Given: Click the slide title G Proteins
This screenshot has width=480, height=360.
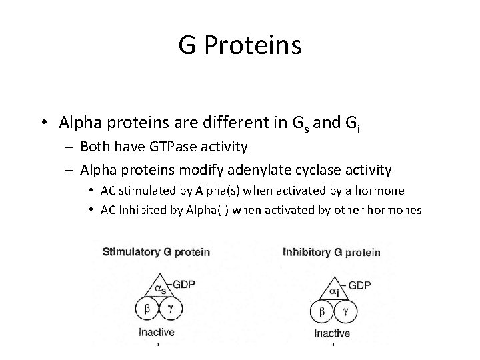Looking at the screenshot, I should coord(240,45).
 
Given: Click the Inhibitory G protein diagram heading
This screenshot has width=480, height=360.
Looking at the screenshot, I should coord(331,253).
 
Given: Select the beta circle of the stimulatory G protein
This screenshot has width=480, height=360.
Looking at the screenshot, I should coord(147,310).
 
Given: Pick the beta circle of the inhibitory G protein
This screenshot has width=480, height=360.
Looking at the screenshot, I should coord(323,311).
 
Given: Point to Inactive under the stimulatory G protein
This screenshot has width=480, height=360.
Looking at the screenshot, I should coord(157,332).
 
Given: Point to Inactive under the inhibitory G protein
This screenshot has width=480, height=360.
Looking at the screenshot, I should coord(331,333).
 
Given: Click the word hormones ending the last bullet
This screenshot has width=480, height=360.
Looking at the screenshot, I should coord(397,211).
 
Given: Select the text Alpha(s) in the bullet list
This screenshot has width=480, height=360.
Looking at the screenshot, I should coord(215,191).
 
